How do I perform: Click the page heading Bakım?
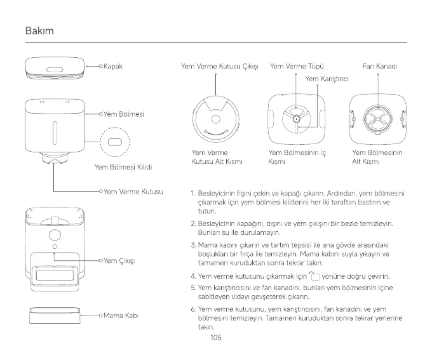pos(39,31)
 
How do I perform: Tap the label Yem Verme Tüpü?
pos(297,66)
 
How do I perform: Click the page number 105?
pos(215,338)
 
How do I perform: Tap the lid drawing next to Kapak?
pos(54,68)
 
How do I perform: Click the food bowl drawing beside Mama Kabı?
pos(54,316)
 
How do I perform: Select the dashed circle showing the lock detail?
pos(115,140)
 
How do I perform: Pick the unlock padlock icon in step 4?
pos(314,276)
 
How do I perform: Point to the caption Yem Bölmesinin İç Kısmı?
pos(297,157)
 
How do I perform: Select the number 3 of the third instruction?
pos(192,244)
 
